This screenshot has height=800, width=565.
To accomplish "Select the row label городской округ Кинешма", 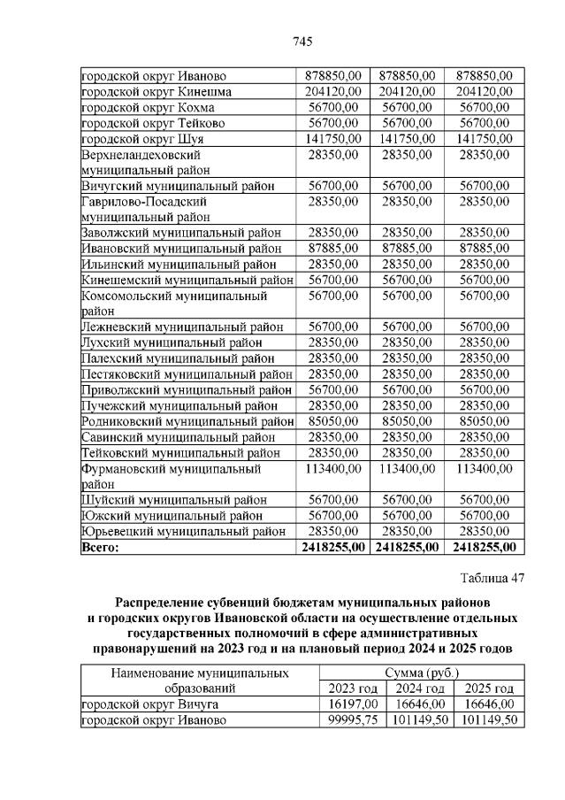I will (x=157, y=91).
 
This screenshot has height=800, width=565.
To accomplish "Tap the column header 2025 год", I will (x=489, y=688).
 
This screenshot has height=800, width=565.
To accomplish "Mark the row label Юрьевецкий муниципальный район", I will (x=184, y=531).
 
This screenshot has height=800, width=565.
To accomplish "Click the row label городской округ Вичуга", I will (x=150, y=704).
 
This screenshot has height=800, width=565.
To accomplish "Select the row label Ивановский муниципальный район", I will (x=181, y=248).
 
